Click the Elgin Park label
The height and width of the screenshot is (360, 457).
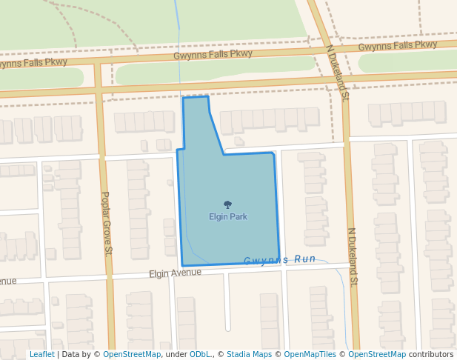pyautogui.click(x=228, y=216)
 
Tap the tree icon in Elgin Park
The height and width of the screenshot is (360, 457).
pyautogui.click(x=227, y=204)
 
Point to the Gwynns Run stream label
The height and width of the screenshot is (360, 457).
pyautogui.click(x=280, y=260)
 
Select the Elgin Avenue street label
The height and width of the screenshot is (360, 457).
pyautogui.click(x=175, y=273)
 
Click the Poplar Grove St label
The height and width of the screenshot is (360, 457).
pyautogui.click(x=105, y=224)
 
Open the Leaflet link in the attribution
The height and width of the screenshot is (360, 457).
pyautogui.click(x=41, y=355)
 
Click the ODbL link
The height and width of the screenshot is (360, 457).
pyautogui.click(x=200, y=355)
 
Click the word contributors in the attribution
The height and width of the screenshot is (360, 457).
pyautogui.click(x=431, y=355)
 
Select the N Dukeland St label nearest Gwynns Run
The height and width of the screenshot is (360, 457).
pyautogui.click(x=353, y=256)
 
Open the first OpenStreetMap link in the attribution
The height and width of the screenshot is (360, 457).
pyautogui.click(x=132, y=355)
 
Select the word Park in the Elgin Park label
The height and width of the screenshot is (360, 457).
pyautogui.click(x=238, y=216)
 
